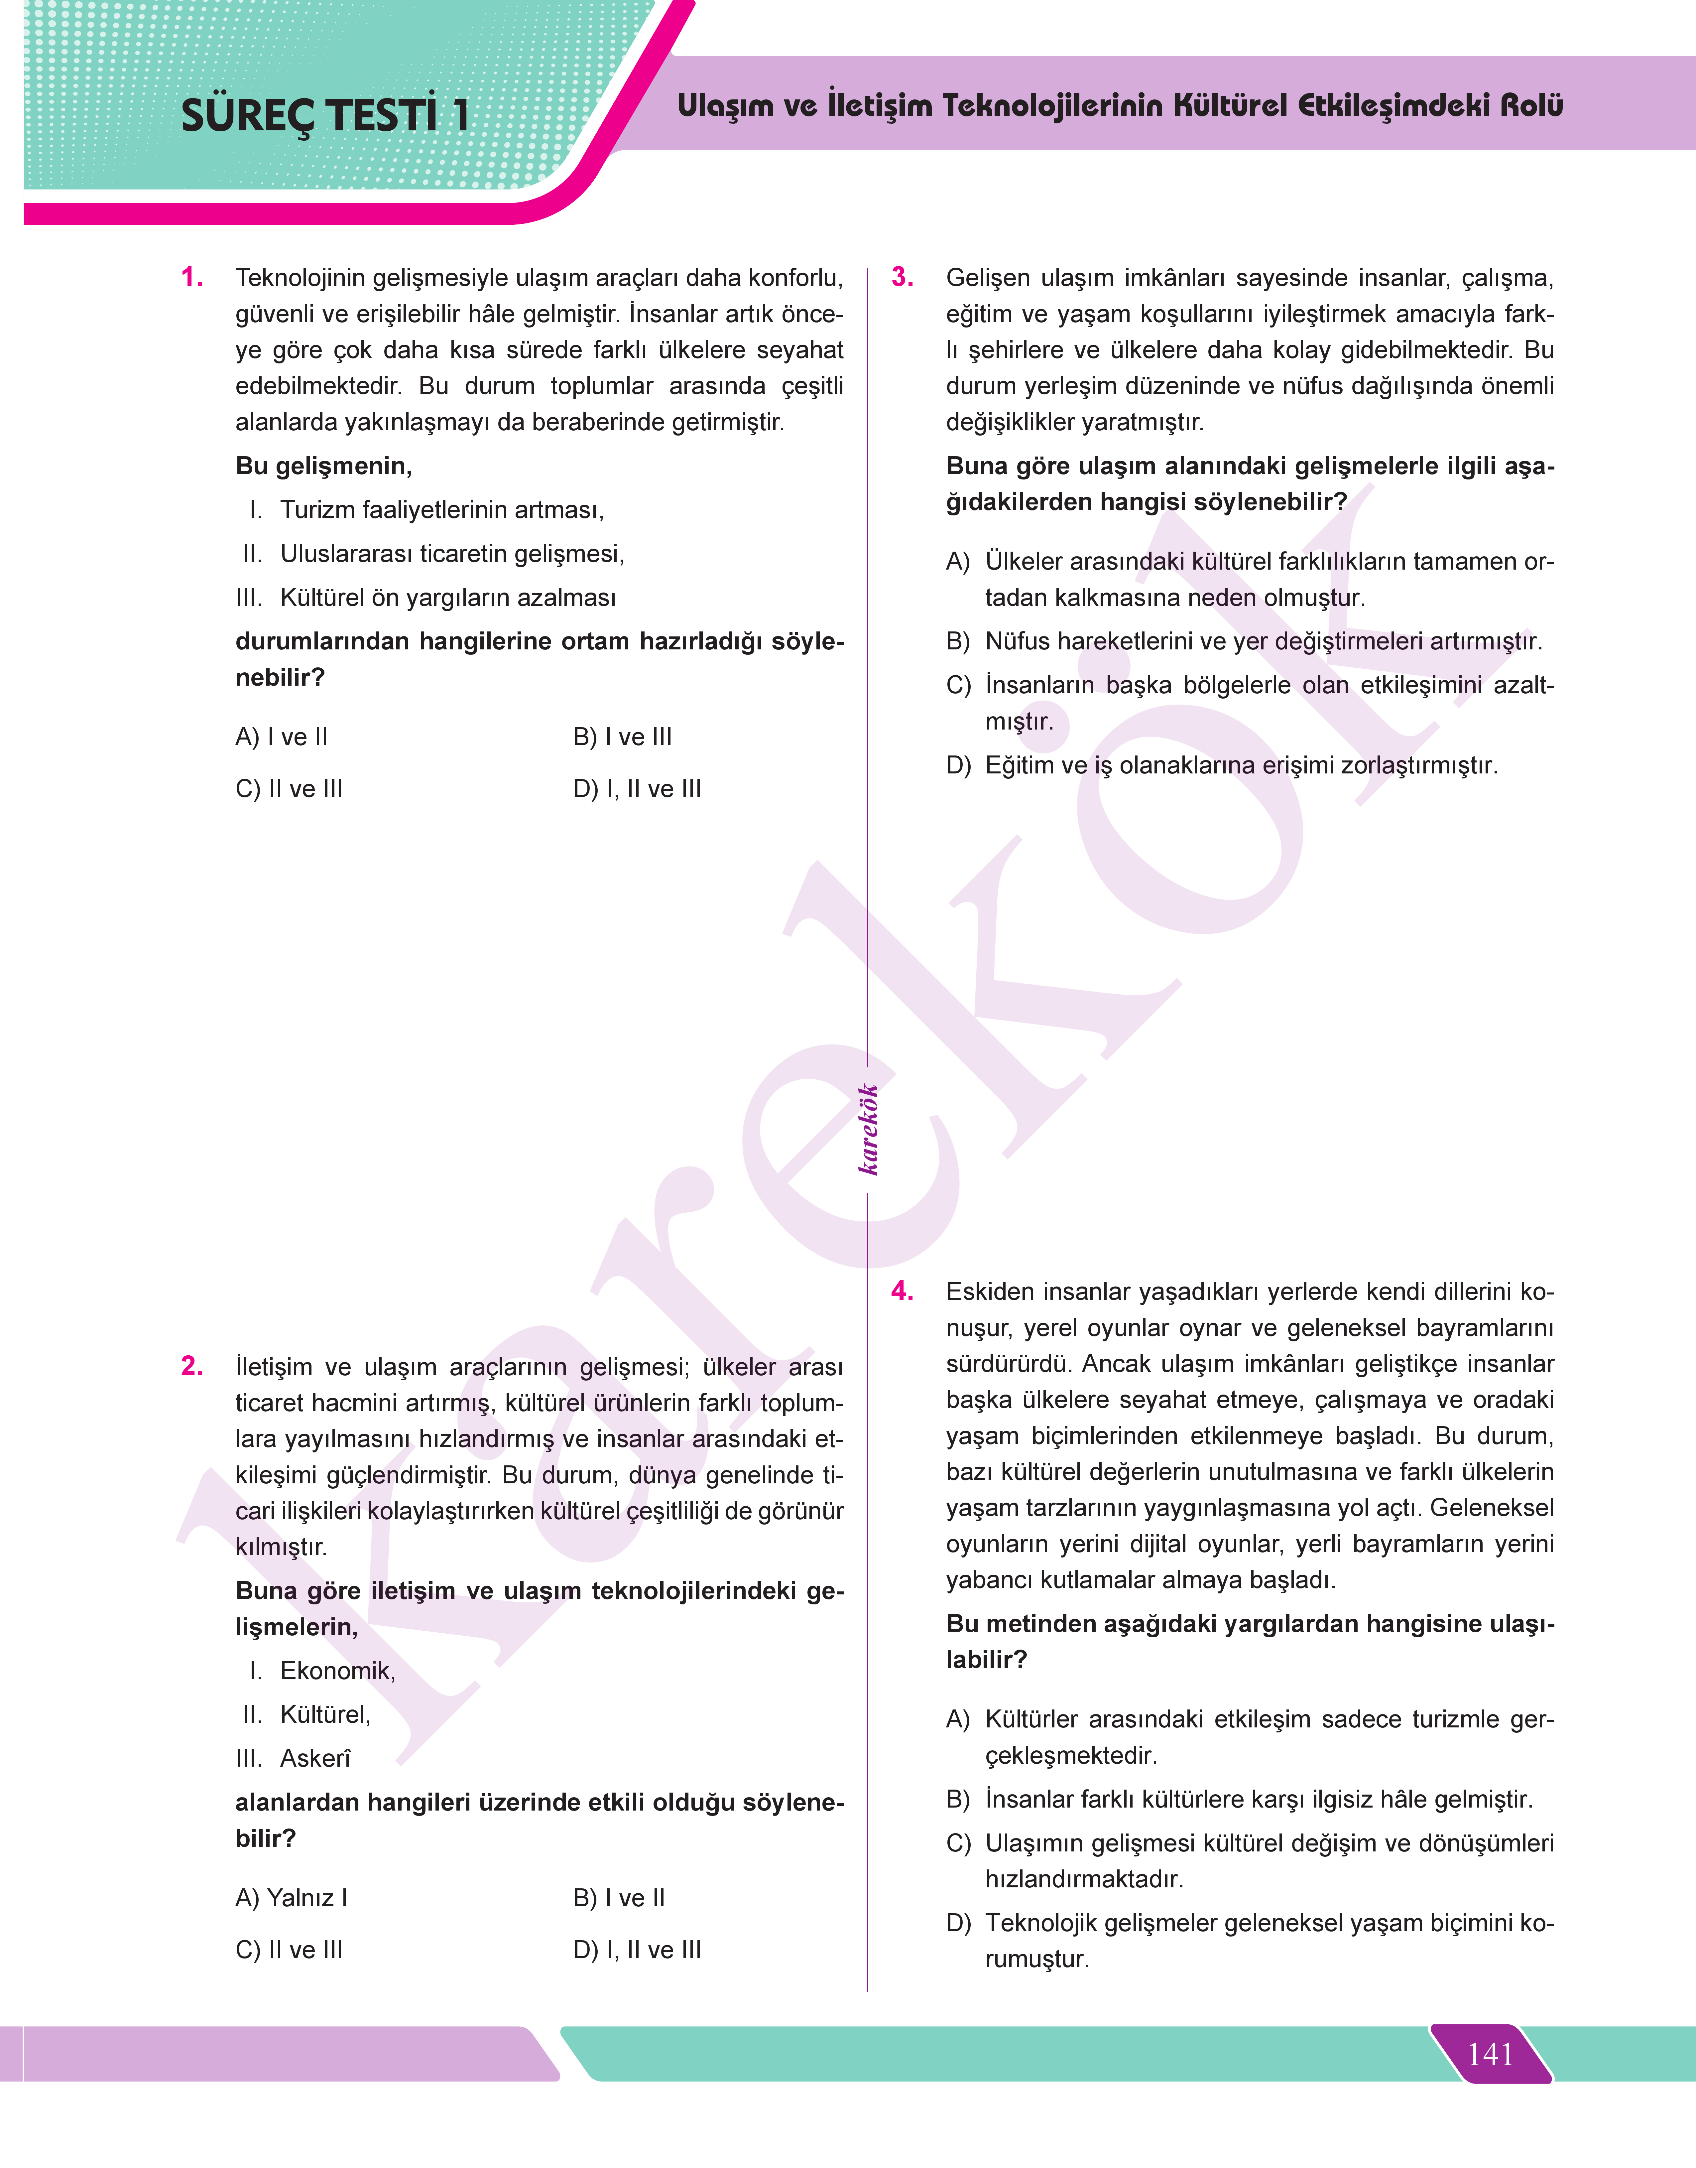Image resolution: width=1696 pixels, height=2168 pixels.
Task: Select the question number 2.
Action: [192, 1367]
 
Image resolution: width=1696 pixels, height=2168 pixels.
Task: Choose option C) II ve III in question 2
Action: [289, 1951]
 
